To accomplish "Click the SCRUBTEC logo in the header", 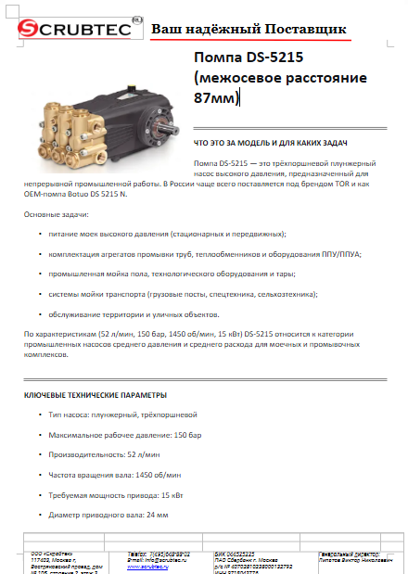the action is [x=73, y=32].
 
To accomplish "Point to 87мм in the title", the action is [x=215, y=97].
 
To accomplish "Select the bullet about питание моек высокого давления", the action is [x=168, y=234].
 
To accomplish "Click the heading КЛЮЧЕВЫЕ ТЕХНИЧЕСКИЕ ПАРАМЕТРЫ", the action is [x=96, y=395].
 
